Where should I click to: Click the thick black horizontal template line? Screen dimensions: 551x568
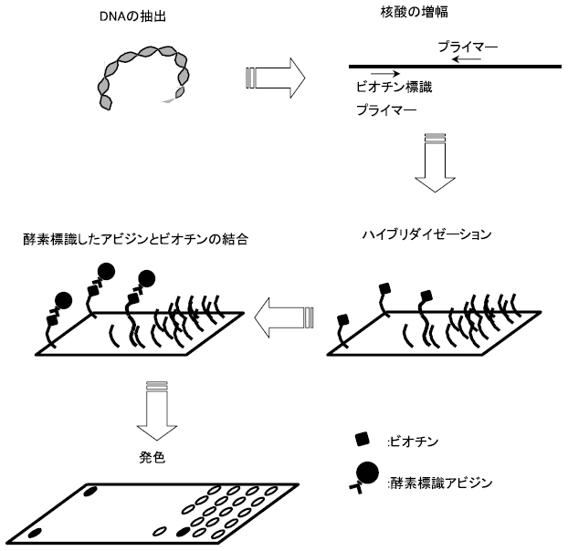pyautogui.click(x=455, y=67)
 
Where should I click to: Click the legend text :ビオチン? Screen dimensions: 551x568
pyautogui.click(x=416, y=442)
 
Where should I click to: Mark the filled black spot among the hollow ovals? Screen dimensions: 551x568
pyautogui.click(x=183, y=532)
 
